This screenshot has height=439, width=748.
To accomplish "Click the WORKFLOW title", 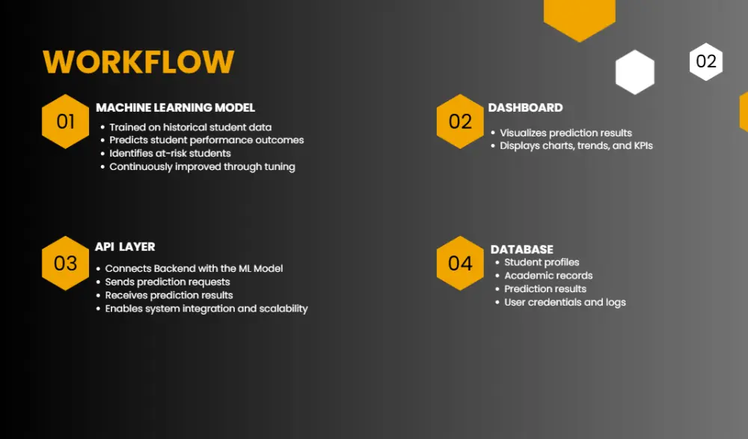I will click(138, 62).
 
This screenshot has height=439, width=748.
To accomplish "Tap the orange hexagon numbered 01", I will click(66, 121).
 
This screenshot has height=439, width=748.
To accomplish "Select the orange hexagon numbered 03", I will click(66, 263).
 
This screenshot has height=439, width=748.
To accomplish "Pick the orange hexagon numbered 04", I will click(460, 263).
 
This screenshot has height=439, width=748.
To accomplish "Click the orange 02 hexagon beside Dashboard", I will click(460, 121).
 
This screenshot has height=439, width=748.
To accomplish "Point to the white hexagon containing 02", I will click(706, 61).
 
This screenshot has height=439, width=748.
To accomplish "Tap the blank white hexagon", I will click(635, 73).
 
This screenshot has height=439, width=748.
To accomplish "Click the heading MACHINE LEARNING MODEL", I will click(175, 108).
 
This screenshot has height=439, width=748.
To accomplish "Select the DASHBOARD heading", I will click(525, 108).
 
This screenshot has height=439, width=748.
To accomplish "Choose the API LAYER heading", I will click(125, 246).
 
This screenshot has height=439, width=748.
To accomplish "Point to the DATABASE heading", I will click(522, 249).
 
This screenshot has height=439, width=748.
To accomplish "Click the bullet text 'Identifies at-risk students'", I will click(170, 154).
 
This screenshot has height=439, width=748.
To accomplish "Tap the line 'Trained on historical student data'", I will click(190, 127).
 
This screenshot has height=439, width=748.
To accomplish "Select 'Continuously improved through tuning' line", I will click(202, 166).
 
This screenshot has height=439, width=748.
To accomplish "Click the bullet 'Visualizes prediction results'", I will click(565, 133).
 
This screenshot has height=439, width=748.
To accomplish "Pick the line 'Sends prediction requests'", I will click(168, 282).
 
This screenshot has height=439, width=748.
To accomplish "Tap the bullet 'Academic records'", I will click(548, 276).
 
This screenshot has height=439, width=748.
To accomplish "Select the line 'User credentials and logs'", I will click(565, 303).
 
